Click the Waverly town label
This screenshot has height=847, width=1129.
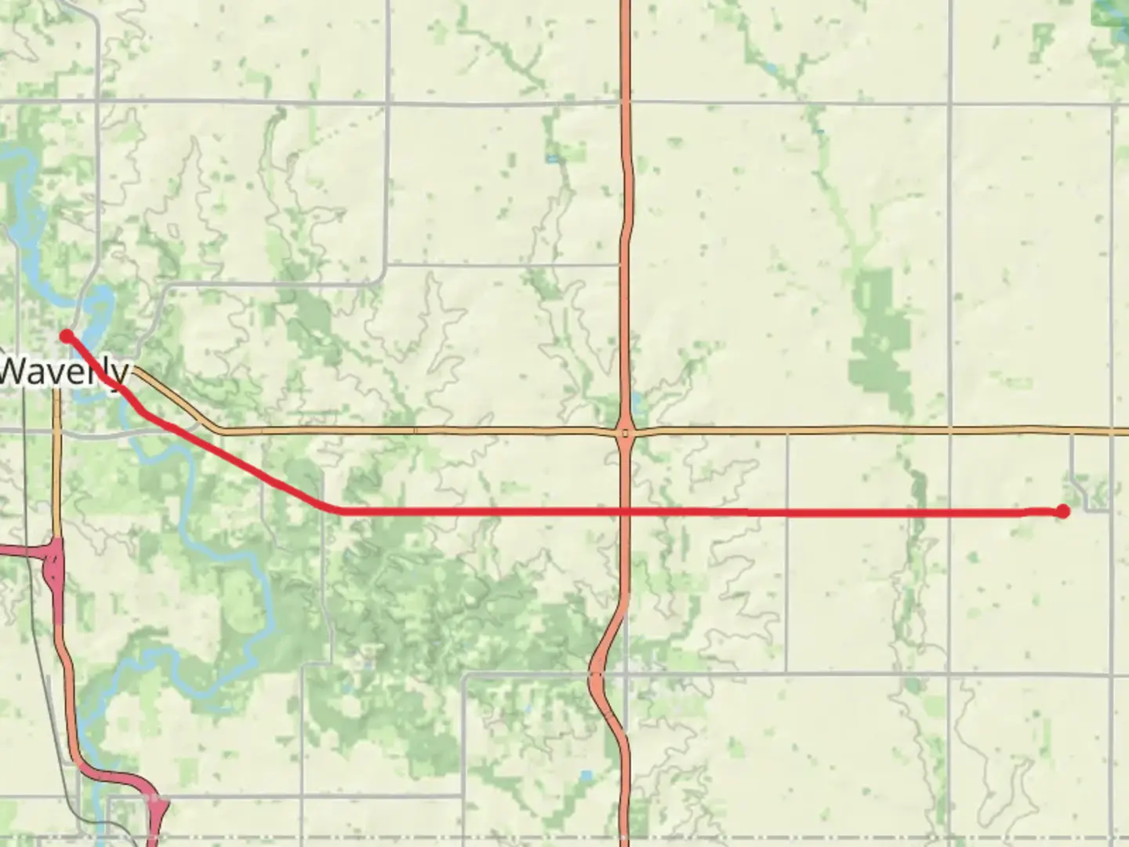point(63,372)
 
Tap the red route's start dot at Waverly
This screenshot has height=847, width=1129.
point(67,336)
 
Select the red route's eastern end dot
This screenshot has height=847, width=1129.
point(1062,511)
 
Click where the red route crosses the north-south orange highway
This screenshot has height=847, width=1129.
point(625,511)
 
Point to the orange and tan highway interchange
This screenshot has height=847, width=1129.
point(625,432)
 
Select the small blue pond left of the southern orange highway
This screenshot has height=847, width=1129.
point(586,776)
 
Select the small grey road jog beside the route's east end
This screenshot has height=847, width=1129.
point(1082,490)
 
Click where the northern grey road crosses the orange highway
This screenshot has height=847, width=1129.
point(625,102)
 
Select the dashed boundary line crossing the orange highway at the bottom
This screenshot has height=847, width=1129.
point(625,837)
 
